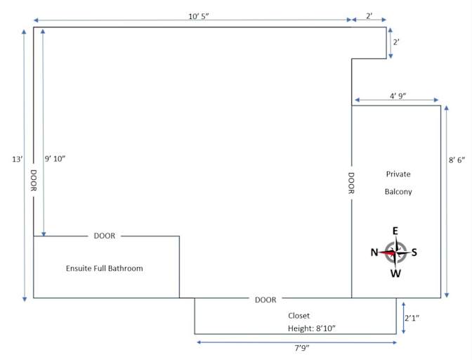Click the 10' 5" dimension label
click(199, 16)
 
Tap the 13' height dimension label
click(17, 159)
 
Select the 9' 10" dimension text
click(55, 159)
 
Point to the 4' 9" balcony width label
click(398, 96)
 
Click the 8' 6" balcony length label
click(457, 160)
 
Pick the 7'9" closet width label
click(302, 348)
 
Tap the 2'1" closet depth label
click(412, 318)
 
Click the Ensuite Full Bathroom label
click(105, 269)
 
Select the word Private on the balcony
click(398, 174)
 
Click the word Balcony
click(398, 191)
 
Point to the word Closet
click(299, 316)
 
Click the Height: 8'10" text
click(312, 328)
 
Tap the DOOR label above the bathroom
click(105, 236)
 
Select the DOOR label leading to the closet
click(265, 300)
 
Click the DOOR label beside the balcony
click(351, 183)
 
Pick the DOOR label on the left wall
click(34, 181)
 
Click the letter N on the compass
click(374, 252)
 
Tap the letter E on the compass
click(395, 231)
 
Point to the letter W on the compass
click(395, 274)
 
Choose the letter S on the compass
click(414, 252)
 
